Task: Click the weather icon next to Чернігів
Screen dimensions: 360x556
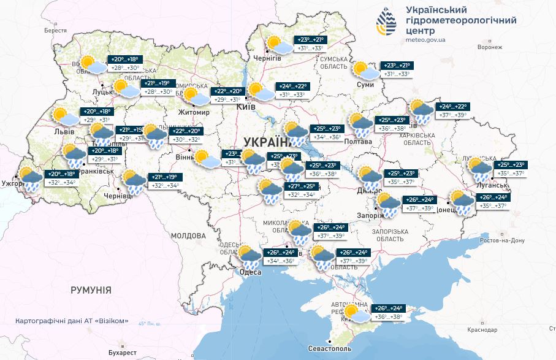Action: [278, 45]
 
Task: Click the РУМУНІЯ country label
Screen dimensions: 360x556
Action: [91, 290]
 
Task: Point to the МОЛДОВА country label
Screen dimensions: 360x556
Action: [188, 236]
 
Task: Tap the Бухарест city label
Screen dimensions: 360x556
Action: [120, 353]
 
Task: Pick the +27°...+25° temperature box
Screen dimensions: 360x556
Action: [302, 186]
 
